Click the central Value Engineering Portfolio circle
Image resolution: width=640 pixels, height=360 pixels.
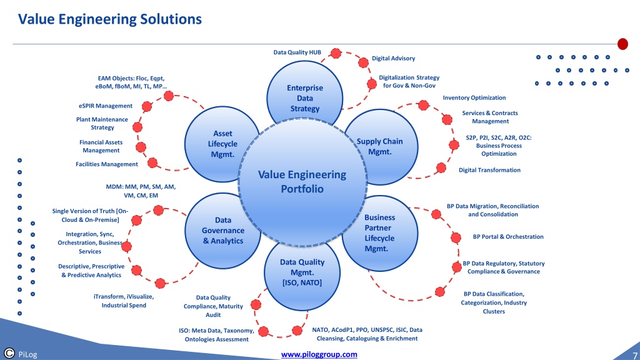coord(302,182)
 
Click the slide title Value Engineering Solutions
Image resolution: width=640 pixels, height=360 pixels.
coord(110,19)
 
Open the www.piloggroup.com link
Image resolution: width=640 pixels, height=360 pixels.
coord(319,354)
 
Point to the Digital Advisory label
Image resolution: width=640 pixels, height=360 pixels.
coord(393,58)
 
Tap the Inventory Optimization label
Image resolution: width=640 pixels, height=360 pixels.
coord(474,97)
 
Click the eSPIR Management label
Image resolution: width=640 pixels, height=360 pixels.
coord(106,106)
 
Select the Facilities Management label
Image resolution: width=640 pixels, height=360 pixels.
coord(107,164)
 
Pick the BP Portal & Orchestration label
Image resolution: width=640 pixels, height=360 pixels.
coord(508,237)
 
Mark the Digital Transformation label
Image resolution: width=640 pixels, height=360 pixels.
coord(489,170)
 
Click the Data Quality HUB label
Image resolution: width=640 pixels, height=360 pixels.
coord(297,52)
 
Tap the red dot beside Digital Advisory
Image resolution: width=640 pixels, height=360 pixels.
coord(363,62)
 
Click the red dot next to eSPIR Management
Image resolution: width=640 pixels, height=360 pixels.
coord(147,107)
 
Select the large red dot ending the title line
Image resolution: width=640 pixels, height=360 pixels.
coord(622,44)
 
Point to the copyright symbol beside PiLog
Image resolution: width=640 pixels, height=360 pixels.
coord(9,353)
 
